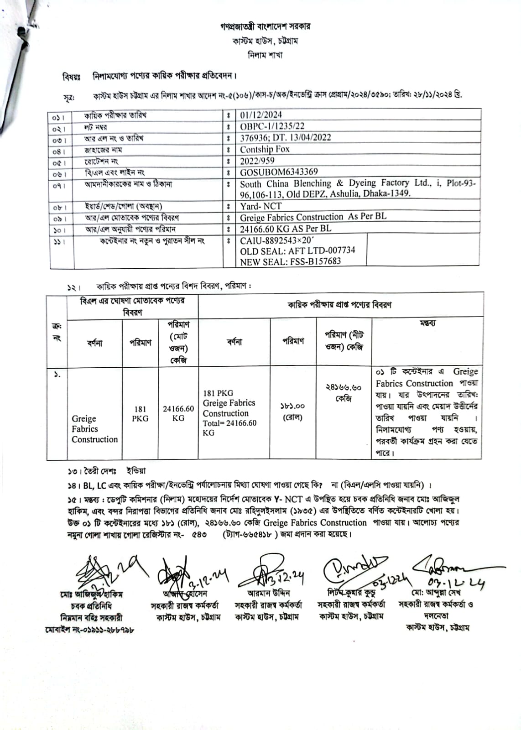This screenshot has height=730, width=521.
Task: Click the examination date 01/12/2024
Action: click(261, 115)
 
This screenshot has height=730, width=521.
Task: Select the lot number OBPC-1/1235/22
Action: click(272, 126)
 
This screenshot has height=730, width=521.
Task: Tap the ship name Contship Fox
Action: click(265, 149)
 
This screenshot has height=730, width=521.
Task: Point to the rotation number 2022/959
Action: click(257, 161)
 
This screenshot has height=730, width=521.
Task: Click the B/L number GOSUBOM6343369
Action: click(279, 172)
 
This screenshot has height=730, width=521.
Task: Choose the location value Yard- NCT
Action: click(260, 206)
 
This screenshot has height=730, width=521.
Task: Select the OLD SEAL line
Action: click(297, 250)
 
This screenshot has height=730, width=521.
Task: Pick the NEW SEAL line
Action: click(290, 261)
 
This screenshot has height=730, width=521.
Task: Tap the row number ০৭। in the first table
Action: click(59, 186)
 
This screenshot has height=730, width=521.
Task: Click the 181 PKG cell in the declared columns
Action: click(140, 413)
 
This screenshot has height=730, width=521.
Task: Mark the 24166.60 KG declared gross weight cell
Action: click(178, 413)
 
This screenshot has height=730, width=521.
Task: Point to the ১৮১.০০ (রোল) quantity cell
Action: click(293, 412)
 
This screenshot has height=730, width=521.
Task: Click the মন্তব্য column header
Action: click(427, 323)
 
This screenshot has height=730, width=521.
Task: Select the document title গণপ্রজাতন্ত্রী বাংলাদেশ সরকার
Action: click(265, 26)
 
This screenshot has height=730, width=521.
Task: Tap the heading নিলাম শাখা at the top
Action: click(265, 55)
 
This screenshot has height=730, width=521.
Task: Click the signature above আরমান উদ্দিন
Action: click(270, 573)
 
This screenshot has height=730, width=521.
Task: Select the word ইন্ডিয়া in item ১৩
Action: click(136, 471)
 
